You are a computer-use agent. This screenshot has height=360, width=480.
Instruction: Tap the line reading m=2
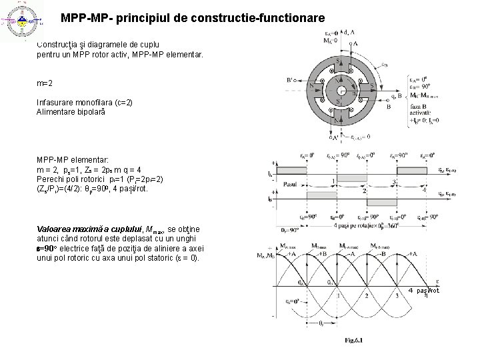(45, 85)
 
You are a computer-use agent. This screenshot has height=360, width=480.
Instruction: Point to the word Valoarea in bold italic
(56, 229)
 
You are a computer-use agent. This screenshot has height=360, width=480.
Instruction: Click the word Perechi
(52, 179)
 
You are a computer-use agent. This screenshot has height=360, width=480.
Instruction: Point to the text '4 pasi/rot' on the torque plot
(425, 291)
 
